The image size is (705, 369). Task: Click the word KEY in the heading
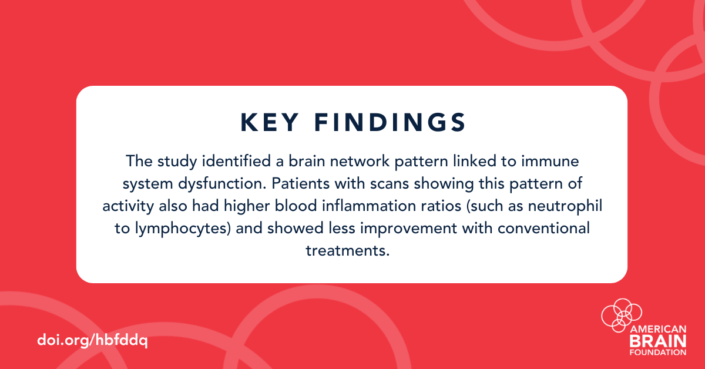pyautogui.click(x=270, y=122)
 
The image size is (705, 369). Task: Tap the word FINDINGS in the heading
pyautogui.click(x=390, y=122)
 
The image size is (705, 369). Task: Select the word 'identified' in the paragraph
pyautogui.click(x=236, y=161)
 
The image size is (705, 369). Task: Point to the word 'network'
pyautogui.click(x=360, y=161)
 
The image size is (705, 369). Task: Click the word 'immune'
pyautogui.click(x=550, y=161)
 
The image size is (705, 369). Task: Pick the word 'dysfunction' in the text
pyautogui.click(x=222, y=184)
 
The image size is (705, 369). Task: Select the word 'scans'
pyautogui.click(x=390, y=184)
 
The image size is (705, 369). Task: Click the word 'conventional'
pyautogui.click(x=543, y=228)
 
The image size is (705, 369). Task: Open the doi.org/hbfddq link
pyautogui.click(x=93, y=340)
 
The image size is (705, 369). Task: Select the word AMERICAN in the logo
pyautogui.click(x=658, y=329)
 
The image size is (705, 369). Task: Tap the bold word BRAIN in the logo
pyautogui.click(x=658, y=341)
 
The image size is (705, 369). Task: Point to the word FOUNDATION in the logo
pyautogui.click(x=658, y=352)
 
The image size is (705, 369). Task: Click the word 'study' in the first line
pyautogui.click(x=177, y=162)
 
